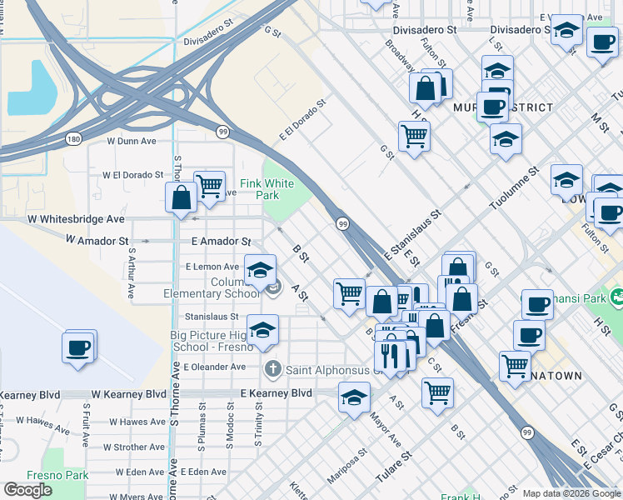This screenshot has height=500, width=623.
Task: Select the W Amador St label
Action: coord(98,240)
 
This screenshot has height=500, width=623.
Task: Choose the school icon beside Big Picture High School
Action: coord(263,329)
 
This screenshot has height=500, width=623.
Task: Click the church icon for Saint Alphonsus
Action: coord(272,368)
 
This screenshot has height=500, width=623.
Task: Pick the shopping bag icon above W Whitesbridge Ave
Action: coord(181,197)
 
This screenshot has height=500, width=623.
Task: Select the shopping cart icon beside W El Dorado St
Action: coord(210,185)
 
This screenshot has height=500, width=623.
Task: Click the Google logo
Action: coord(27,490)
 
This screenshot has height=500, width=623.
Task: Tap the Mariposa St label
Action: coord(351,467)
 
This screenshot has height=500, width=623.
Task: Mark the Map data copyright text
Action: coord(571,493)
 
